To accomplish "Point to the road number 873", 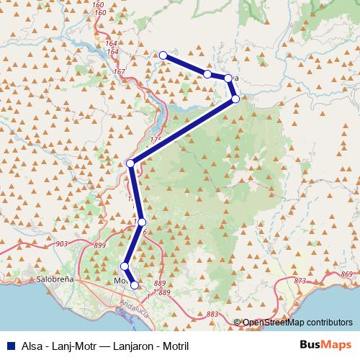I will [300, 279].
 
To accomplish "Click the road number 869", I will [348, 275].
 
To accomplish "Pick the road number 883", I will [212, 314].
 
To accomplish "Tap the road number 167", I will [119, 72].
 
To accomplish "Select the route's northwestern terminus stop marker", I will [163, 55].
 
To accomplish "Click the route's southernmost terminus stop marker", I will [134, 285].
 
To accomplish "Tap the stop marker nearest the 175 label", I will [130, 163].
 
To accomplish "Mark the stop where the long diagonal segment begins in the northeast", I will [235, 99].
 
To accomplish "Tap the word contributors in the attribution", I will [328, 322].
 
